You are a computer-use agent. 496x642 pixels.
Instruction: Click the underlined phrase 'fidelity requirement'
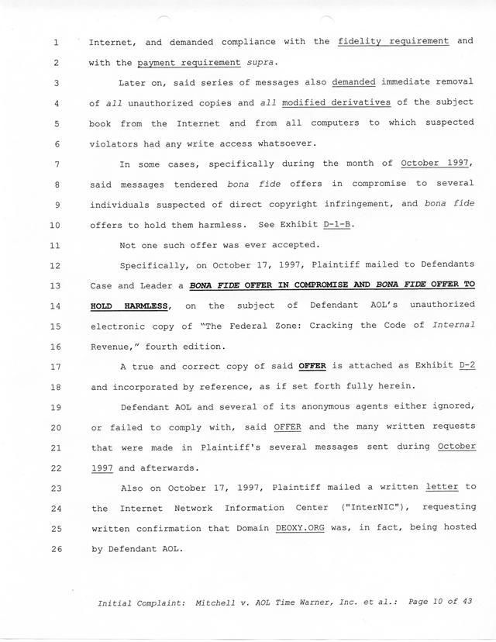coord(394,41)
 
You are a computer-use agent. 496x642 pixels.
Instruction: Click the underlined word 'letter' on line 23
coord(442,487)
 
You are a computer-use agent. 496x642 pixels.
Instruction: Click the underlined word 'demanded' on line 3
coord(353,82)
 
